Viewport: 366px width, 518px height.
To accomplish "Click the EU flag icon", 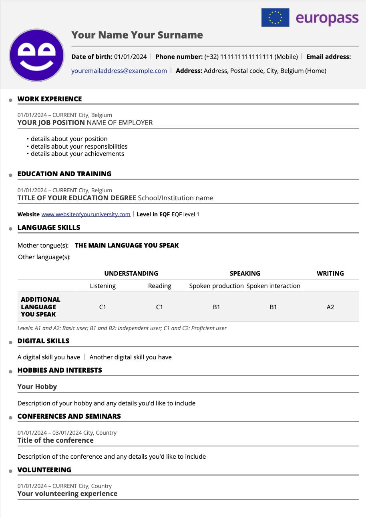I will point(275,18).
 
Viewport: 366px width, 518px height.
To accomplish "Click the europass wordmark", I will point(327,18).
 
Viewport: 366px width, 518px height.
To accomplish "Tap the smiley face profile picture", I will point(37,55).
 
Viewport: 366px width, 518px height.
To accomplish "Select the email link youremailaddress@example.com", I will point(119,71).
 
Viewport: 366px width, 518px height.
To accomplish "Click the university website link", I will point(86,214).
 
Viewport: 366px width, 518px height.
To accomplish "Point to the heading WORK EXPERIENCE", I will point(50,99).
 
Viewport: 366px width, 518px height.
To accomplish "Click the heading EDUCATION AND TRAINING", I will point(64,174).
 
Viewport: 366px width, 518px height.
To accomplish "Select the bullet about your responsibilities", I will point(79,146).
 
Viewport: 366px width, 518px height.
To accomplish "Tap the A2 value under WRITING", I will point(330,307).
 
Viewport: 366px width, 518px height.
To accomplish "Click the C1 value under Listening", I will point(103,307).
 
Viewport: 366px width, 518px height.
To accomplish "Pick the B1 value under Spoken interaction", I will point(273,307).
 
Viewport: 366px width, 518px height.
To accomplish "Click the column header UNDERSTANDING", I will point(131,274).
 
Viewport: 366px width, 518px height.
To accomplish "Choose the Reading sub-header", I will point(159,286).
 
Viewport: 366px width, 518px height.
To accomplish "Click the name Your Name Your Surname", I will point(137,35).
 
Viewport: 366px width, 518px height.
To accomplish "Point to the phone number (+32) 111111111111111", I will point(238,57).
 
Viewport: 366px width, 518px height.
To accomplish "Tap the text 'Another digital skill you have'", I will point(131,357).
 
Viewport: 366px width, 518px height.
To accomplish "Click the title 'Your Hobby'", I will point(37,387).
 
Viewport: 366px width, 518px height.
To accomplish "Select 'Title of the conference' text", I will point(56,440).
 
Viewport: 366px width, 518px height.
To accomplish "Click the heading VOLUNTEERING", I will point(44,470).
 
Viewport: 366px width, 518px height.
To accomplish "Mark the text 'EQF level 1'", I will point(185,214).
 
